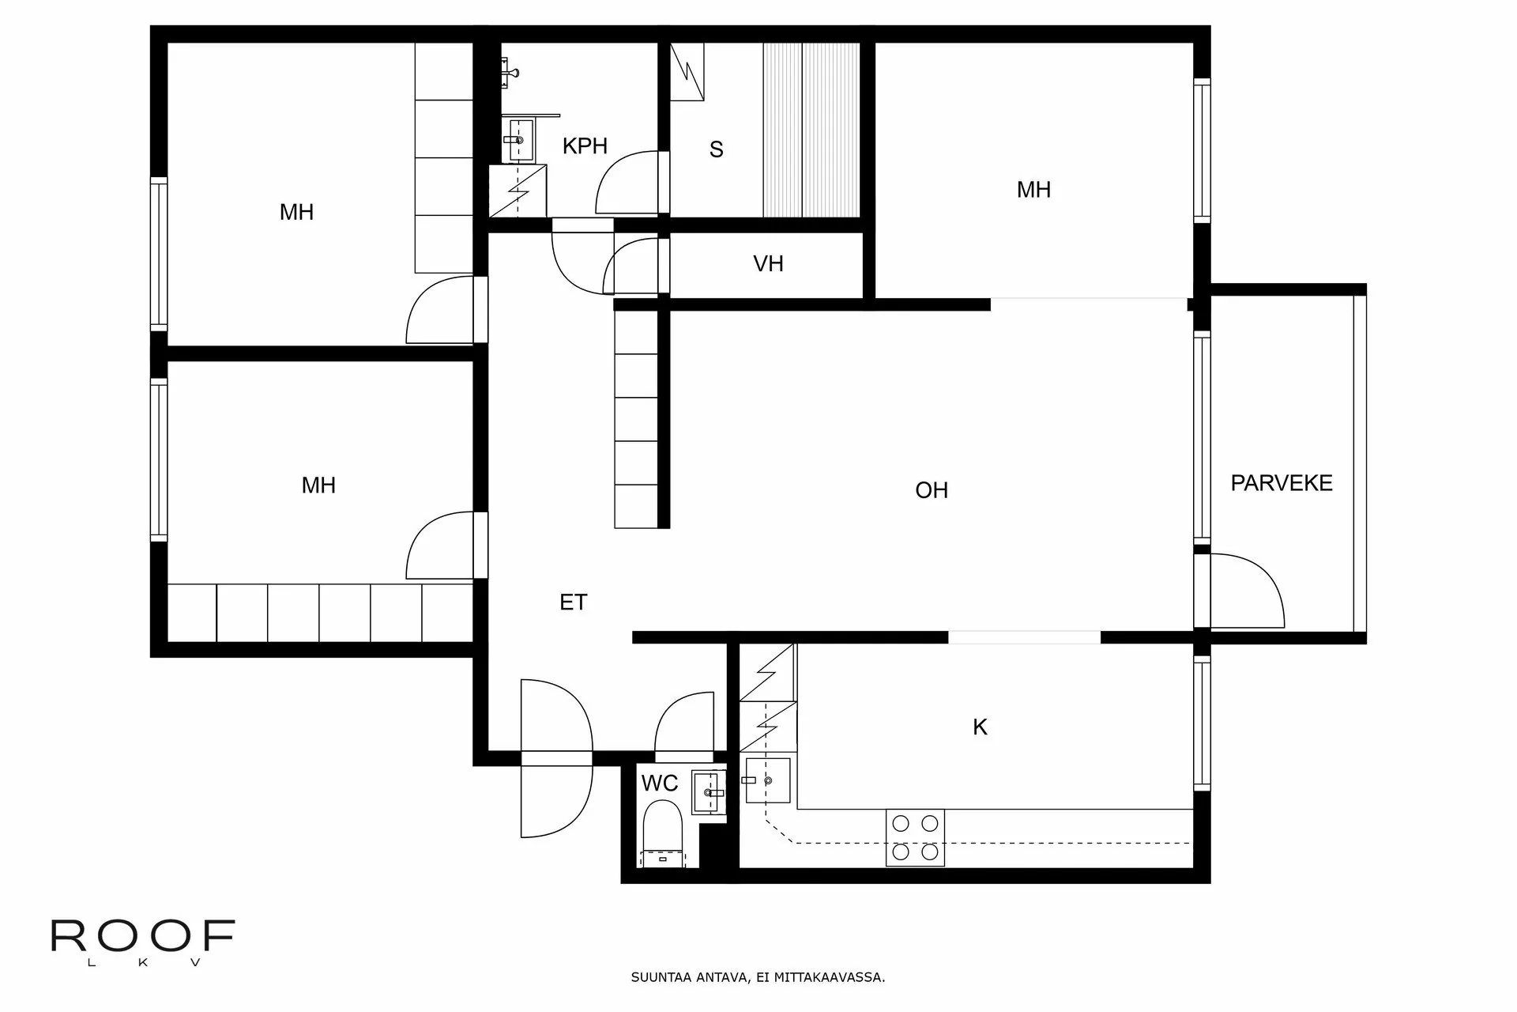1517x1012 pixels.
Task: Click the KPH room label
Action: coord(585,146)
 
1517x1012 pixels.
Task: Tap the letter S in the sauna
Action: coord(716,149)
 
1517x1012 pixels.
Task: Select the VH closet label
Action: coord(768,264)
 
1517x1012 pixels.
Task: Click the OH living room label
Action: coord(931,490)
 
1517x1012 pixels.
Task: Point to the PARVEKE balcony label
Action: coord(1281,483)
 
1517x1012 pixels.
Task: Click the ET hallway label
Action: coord(573,602)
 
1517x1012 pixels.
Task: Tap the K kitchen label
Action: coord(980,727)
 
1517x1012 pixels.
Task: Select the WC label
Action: coord(659,784)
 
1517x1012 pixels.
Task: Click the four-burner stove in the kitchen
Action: coord(916,838)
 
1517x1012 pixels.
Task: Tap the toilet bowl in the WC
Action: coord(662,826)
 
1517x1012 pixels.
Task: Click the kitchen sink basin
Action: coord(767,780)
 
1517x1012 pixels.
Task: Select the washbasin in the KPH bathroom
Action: coord(519,140)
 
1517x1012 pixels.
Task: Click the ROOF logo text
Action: coord(143,936)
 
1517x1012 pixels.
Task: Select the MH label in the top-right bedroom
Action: coord(1033,190)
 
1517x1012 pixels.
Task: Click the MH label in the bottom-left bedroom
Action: coord(318,485)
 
